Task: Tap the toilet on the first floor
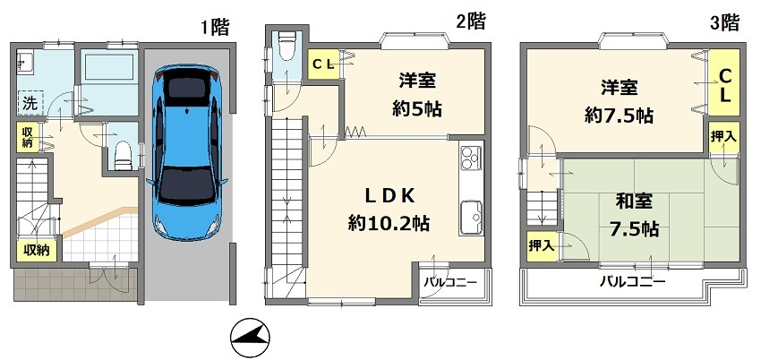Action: (x=122, y=155)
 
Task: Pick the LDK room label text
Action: (x=387, y=195)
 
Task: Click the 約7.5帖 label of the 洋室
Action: (x=619, y=116)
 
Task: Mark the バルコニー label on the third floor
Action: (x=632, y=282)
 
